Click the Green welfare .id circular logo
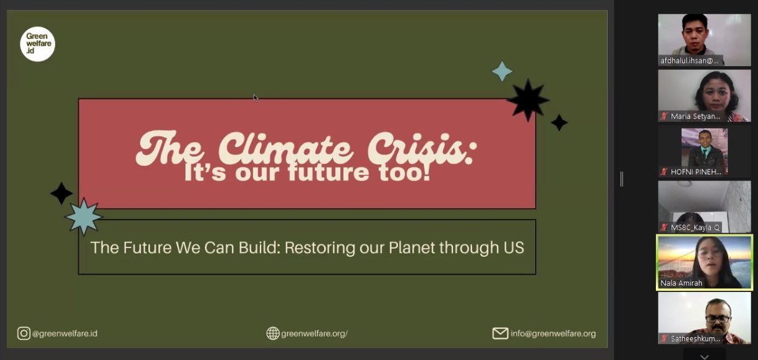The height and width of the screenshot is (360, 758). click(x=38, y=44)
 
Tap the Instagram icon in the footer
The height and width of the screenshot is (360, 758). click(x=24, y=333)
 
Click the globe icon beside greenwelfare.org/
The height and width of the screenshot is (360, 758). click(x=273, y=333)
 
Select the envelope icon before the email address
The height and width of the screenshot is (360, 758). click(x=500, y=333)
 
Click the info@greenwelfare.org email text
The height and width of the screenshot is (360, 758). click(x=553, y=333)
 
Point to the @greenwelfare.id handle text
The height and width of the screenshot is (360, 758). click(x=64, y=333)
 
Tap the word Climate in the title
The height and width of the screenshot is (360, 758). click(x=286, y=148)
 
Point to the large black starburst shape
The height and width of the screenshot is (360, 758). click(x=528, y=100)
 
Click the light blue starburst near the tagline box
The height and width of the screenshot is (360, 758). click(x=84, y=217)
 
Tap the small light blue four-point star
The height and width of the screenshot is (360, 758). click(x=502, y=71)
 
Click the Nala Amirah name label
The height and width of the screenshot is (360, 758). click(x=681, y=283)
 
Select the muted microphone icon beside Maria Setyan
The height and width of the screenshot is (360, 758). click(x=664, y=116)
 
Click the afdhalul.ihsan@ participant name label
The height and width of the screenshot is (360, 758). click(x=689, y=61)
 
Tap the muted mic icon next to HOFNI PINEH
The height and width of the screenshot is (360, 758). click(x=664, y=171)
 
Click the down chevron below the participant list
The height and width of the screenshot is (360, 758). click(x=705, y=357)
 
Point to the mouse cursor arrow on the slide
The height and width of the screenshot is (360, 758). click(x=256, y=98)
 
